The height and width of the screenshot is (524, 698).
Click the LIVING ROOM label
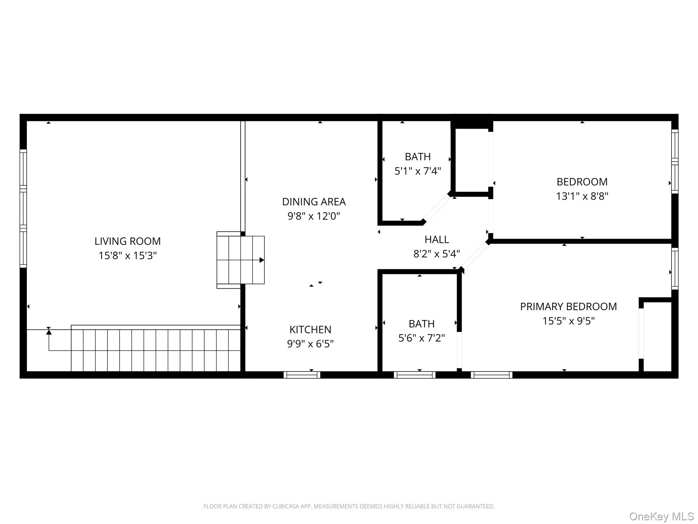[127, 241]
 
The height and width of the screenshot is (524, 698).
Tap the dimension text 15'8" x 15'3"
[127, 256]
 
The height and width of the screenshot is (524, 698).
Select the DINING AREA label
[314, 202]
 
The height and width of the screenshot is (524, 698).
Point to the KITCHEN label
[310, 330]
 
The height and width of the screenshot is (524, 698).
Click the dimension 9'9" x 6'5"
[310, 344]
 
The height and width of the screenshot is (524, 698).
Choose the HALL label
[437, 239]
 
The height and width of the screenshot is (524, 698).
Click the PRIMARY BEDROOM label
[568, 307]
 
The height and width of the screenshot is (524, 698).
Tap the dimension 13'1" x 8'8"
[582, 196]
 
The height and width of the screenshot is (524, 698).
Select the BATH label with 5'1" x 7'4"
[418, 157]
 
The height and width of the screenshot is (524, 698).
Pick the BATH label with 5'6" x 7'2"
[422, 324]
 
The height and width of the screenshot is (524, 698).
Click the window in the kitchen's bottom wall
[302, 375]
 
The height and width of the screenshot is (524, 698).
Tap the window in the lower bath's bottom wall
[414, 375]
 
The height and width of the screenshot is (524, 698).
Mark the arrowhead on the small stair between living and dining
[262, 260]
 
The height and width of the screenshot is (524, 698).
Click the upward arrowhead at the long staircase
[49, 332]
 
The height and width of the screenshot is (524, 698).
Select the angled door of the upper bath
[437, 208]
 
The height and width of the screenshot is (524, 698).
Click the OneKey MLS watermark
[661, 516]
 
